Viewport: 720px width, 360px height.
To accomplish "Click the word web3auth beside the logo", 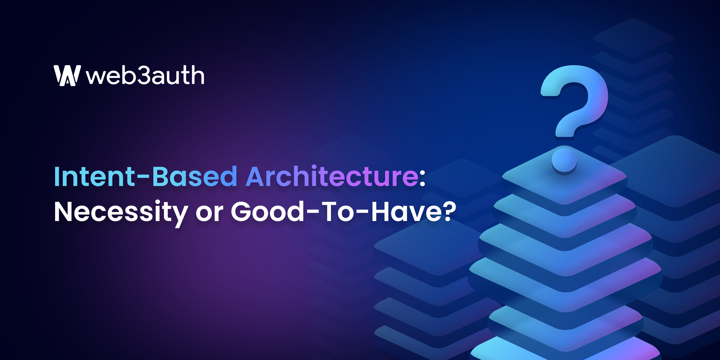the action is click(145, 76).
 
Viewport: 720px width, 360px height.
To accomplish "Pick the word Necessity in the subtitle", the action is click(121, 212).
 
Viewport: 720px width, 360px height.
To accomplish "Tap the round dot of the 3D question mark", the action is click(564, 160).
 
